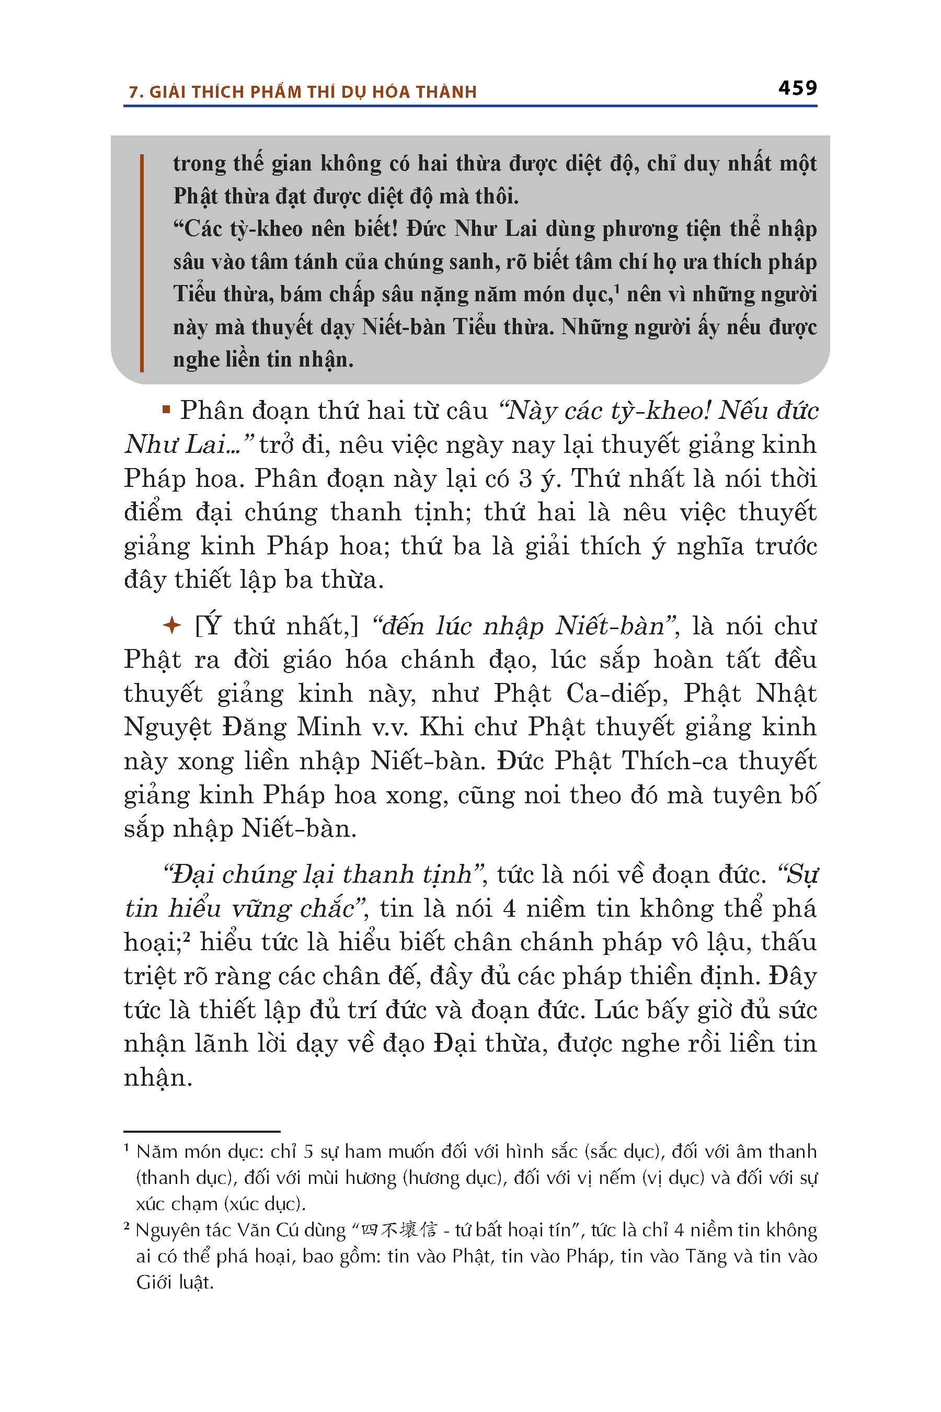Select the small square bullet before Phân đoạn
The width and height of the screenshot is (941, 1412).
click(x=166, y=411)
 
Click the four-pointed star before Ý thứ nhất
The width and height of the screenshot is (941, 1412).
click(x=171, y=625)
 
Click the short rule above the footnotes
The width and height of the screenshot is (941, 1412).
click(x=202, y=1131)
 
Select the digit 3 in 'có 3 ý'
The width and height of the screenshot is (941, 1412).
click(x=526, y=479)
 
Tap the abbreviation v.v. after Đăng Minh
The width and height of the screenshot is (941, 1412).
click(x=389, y=727)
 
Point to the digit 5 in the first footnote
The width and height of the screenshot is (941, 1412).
click(x=308, y=1152)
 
